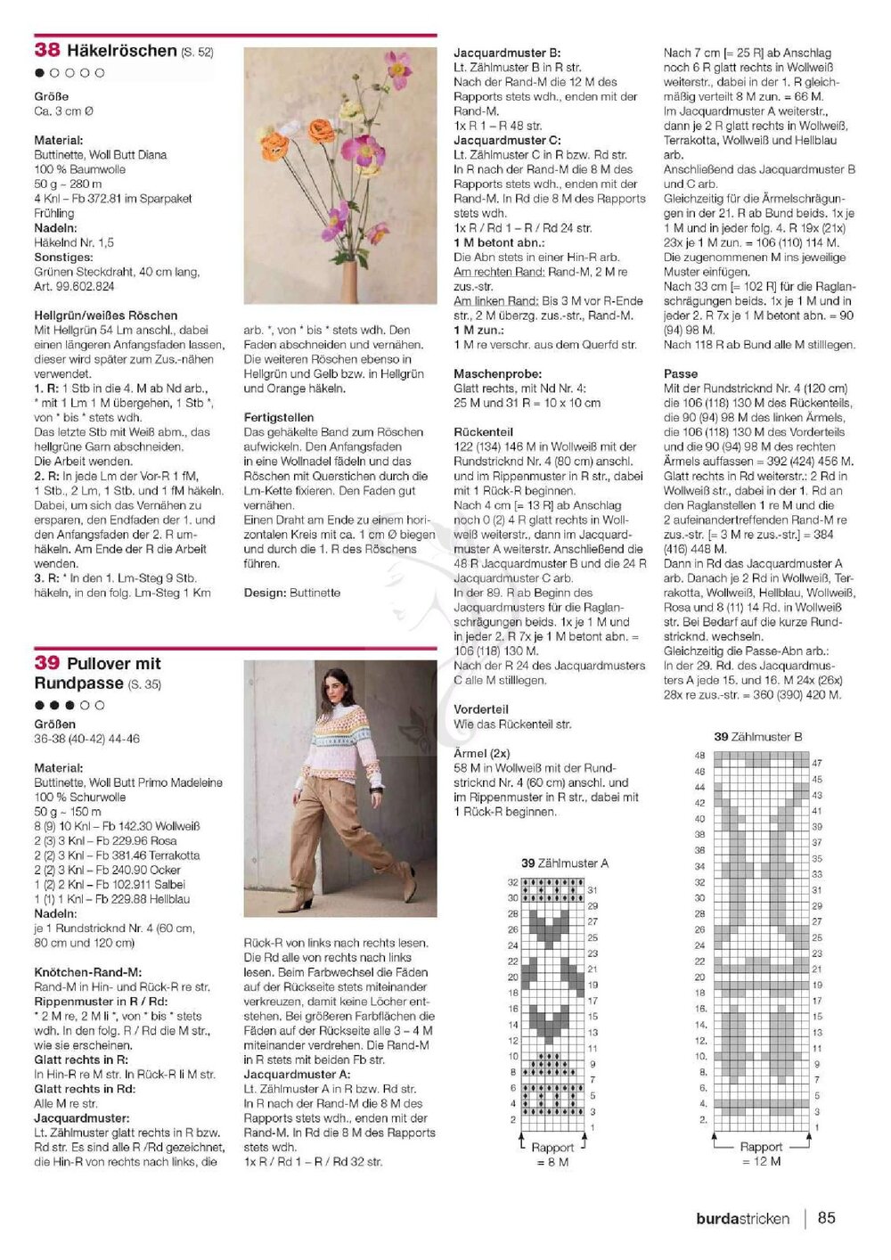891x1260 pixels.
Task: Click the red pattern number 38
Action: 47,51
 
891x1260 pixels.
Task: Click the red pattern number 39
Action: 47,663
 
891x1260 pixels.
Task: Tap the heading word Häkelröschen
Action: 122,51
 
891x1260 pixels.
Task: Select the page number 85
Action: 826,1217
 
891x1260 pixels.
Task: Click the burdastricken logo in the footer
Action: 742,1218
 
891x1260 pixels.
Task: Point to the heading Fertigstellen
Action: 279,417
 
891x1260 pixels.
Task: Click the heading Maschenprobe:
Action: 497,374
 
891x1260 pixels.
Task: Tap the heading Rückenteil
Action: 483,432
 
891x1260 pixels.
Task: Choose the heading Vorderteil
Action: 481,709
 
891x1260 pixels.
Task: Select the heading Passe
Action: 681,374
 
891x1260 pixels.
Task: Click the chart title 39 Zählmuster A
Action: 565,863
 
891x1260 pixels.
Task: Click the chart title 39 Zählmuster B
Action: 758,737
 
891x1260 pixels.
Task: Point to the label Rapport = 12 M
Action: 761,1154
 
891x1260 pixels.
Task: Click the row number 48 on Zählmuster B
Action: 699,756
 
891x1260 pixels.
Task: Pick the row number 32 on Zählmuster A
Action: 513,882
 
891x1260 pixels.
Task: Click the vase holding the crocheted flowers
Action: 349,281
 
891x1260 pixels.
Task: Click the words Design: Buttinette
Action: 291,593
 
